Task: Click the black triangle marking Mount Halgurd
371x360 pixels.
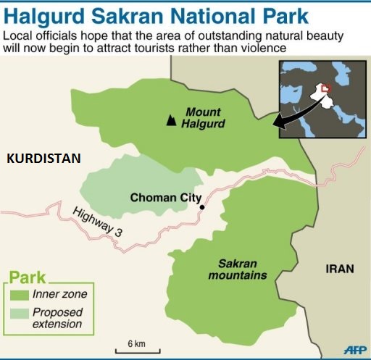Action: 171,120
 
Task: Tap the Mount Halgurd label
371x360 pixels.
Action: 206,118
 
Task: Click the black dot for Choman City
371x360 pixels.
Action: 202,208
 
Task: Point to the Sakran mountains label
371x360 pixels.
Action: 237,269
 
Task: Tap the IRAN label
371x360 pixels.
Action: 339,269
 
